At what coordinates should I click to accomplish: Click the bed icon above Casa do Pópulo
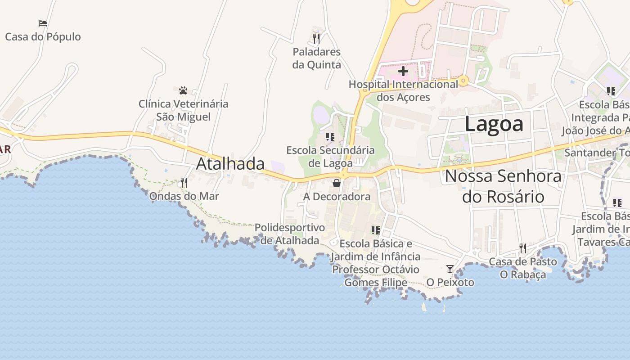[43, 23]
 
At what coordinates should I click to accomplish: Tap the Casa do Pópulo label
[43, 37]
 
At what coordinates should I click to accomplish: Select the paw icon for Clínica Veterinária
[183, 90]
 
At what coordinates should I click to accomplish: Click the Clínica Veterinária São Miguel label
[183, 110]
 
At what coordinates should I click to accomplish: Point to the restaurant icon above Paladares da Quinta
[316, 38]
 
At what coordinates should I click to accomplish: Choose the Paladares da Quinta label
[316, 58]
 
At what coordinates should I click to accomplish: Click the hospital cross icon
[403, 71]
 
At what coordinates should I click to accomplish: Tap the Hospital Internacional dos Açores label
[403, 90]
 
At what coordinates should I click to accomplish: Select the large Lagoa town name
[494, 124]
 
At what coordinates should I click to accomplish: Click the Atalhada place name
[230, 164]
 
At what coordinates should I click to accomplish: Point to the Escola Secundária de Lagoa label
[330, 156]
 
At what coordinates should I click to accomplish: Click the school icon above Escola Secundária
[330, 136]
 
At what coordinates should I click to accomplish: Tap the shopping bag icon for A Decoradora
[337, 183]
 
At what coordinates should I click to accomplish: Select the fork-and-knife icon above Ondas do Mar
[184, 182]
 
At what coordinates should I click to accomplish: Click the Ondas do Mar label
[184, 196]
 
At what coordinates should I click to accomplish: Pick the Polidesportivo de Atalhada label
[290, 234]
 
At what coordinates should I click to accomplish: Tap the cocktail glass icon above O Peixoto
[450, 269]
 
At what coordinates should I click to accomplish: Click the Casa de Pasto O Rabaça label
[522, 268]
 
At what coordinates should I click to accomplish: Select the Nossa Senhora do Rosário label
[503, 186]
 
